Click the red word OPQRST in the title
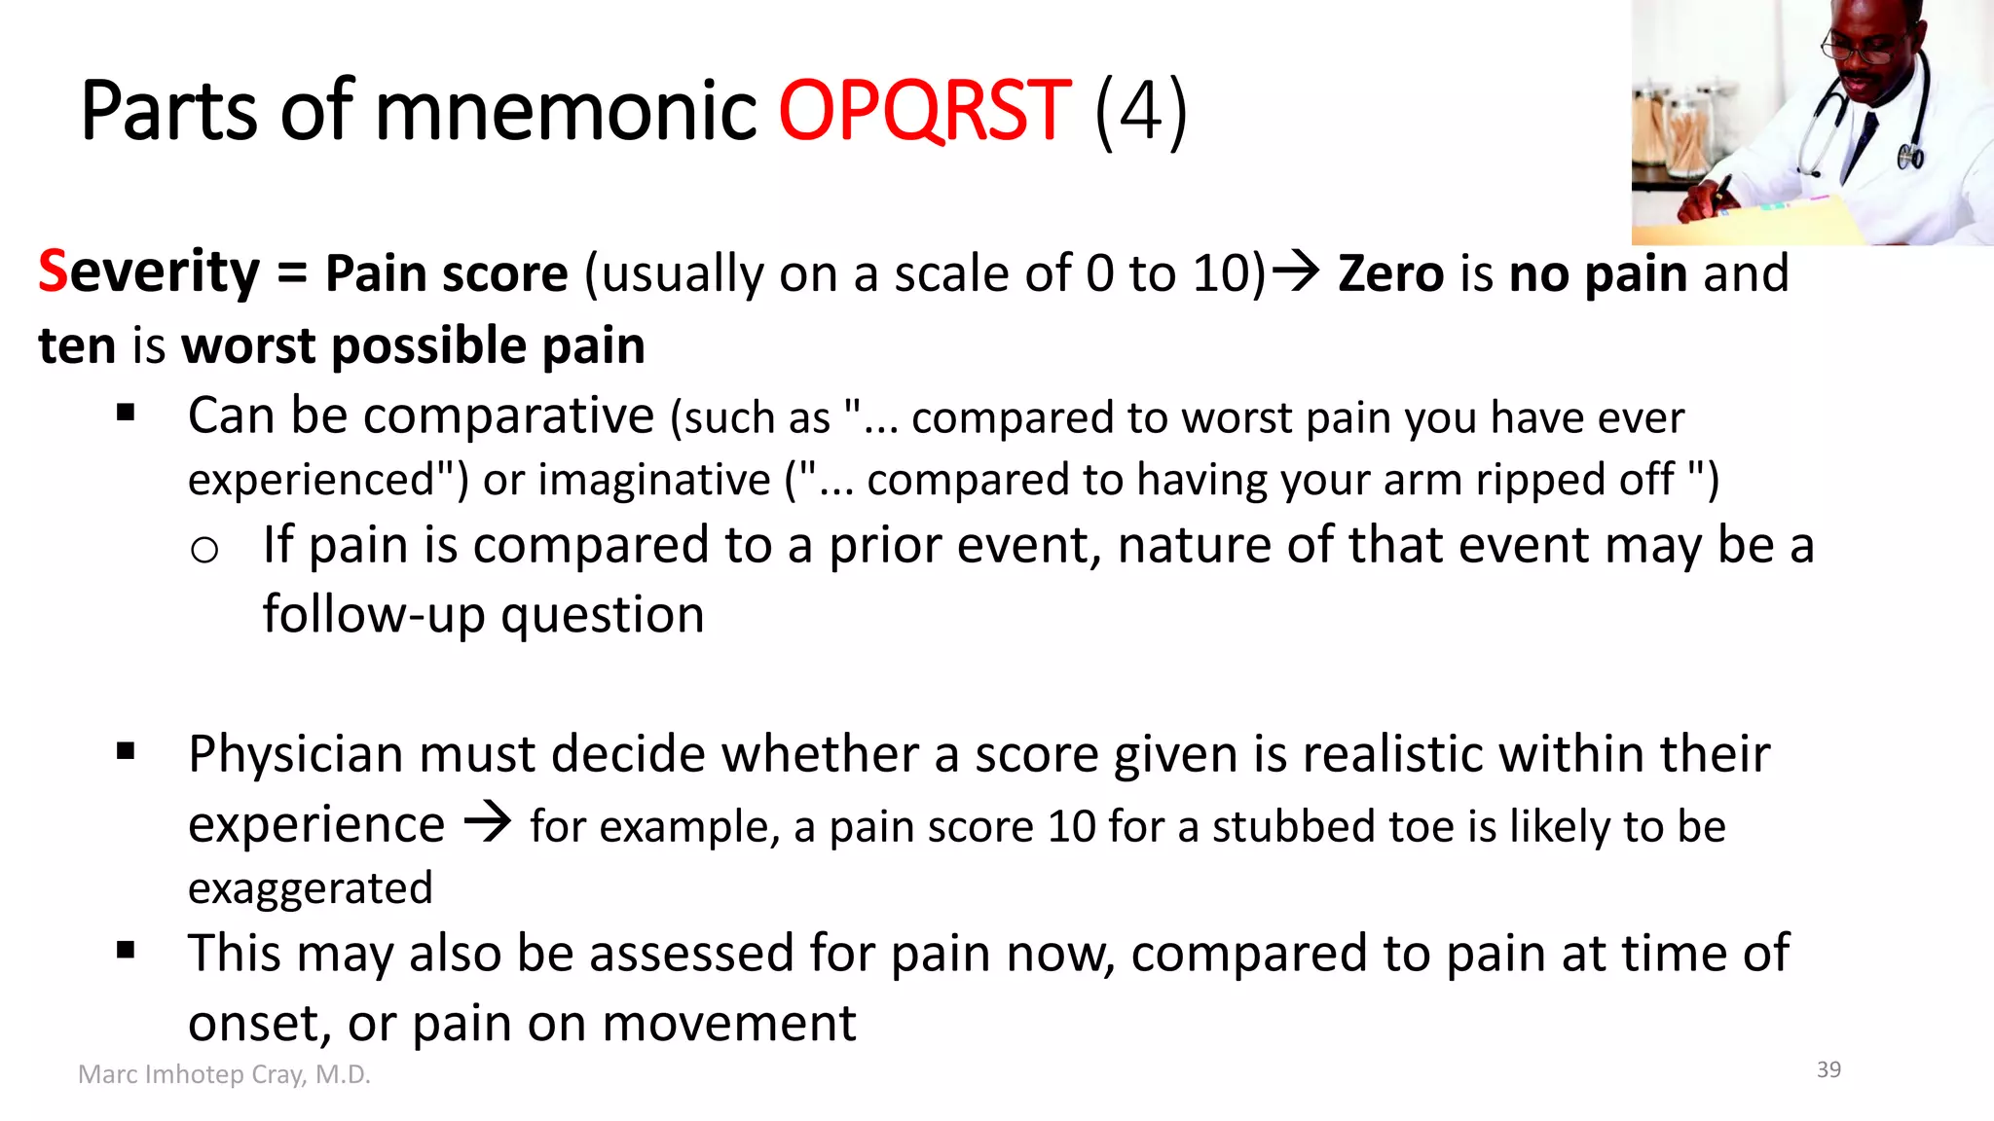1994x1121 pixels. coord(924,112)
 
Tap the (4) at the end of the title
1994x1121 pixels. coord(1140,112)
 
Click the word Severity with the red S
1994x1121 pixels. coord(149,272)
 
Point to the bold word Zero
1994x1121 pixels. coord(1390,273)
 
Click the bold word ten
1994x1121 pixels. coord(77,346)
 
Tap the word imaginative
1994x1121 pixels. coord(654,480)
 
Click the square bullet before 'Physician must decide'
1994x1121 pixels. coord(126,750)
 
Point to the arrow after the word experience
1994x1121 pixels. coord(487,822)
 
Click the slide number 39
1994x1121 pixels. coord(1828,1069)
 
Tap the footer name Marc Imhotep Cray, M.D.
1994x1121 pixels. coord(224,1074)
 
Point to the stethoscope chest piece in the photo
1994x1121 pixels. coord(1910,156)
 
